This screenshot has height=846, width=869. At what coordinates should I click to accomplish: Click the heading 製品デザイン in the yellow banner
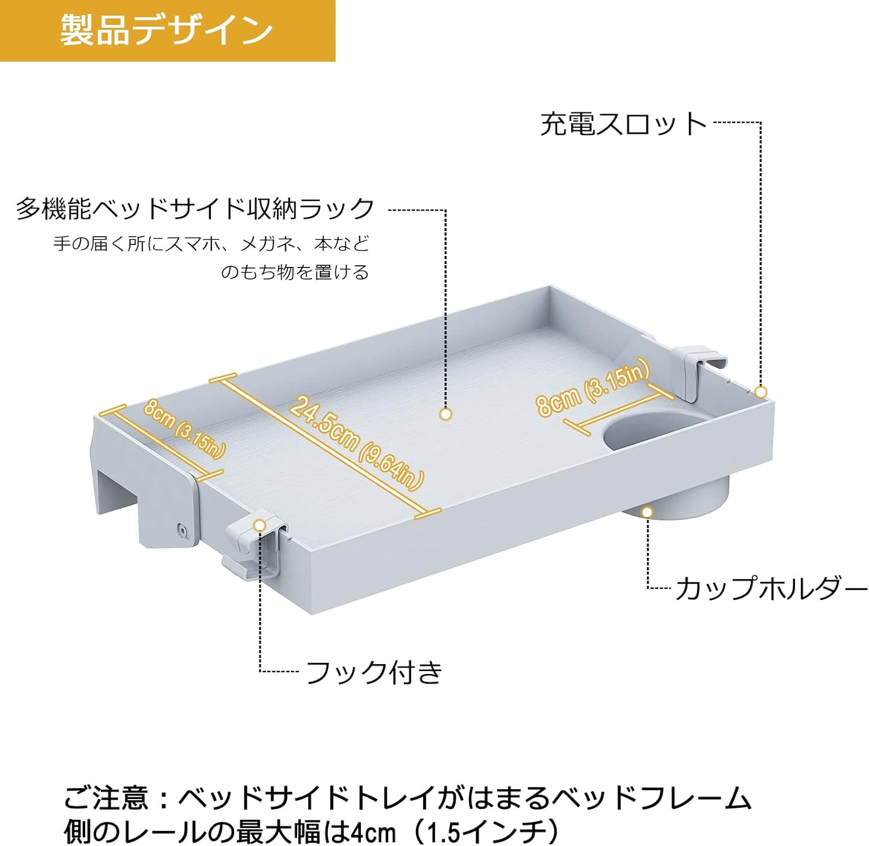point(166,30)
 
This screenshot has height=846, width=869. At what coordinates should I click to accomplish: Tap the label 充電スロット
point(623,124)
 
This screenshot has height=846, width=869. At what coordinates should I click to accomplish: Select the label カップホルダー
point(771,589)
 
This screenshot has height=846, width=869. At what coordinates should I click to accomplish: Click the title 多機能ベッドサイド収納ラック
point(195,208)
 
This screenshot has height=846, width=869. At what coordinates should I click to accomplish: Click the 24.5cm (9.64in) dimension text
point(356,442)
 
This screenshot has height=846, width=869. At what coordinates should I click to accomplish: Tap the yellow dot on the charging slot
point(761,392)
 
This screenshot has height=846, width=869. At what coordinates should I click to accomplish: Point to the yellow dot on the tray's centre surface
point(446,414)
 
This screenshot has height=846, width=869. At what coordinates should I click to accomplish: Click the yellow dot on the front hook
point(260,525)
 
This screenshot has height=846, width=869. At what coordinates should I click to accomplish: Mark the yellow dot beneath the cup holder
point(647,512)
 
